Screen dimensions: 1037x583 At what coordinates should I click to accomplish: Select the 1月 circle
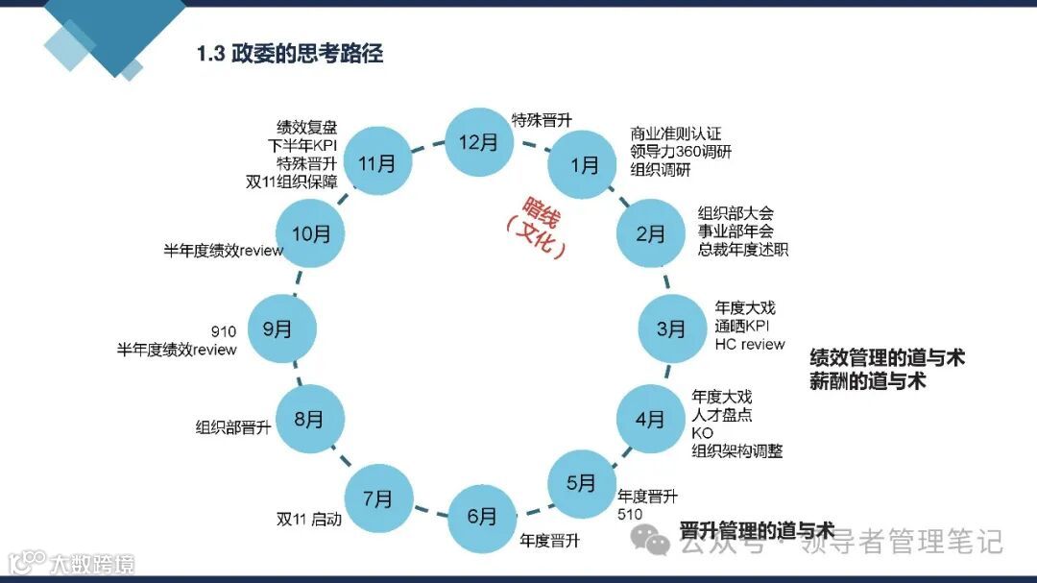point(583,164)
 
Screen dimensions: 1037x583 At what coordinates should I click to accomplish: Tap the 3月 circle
point(672,329)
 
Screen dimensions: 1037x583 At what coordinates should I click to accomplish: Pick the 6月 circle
point(482,516)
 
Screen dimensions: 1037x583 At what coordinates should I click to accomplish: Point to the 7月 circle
point(378,499)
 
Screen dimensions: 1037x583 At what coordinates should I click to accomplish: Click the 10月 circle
point(309,233)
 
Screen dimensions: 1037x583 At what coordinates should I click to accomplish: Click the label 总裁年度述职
point(742,250)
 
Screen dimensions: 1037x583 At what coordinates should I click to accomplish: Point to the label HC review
point(749,344)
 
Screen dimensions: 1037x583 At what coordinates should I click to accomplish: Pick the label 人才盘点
point(721,415)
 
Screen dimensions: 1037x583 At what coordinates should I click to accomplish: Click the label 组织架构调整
point(736,449)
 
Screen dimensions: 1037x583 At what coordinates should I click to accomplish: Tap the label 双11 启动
point(308,520)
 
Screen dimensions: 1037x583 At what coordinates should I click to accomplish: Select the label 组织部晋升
point(233,427)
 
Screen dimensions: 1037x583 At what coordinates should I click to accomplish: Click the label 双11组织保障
point(291,181)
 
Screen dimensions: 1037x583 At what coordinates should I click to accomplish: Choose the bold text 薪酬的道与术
point(867,381)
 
